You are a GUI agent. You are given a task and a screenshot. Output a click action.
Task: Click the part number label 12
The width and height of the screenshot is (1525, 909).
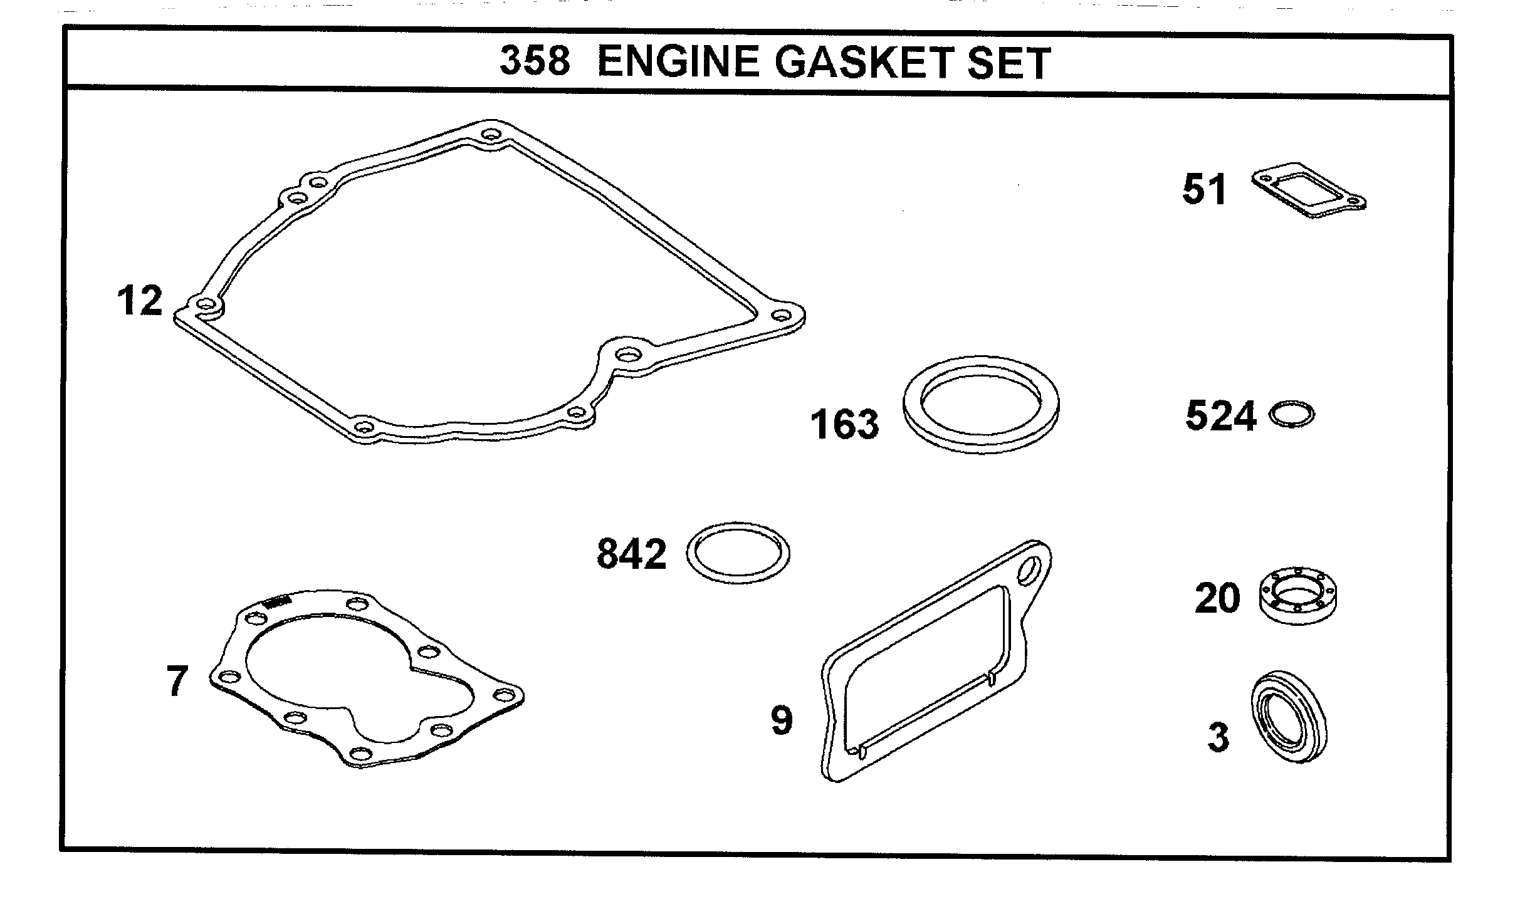tap(139, 301)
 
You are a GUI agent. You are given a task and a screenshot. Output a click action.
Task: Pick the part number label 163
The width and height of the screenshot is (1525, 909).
tap(844, 424)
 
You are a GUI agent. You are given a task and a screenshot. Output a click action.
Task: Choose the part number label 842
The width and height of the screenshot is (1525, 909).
tap(631, 554)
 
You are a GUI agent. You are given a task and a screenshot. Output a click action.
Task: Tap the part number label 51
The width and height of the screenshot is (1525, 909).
tap(1204, 190)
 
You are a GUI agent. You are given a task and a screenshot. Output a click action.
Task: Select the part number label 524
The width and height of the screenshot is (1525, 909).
tap(1220, 416)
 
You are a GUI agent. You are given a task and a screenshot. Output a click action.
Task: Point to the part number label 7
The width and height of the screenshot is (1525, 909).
tap(177, 682)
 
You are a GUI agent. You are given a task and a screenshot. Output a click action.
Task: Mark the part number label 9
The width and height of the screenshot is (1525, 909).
tap(782, 720)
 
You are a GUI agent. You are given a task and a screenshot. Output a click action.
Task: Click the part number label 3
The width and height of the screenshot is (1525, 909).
tap(1218, 738)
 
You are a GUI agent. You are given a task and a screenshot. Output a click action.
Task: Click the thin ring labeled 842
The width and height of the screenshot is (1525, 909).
tap(738, 552)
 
